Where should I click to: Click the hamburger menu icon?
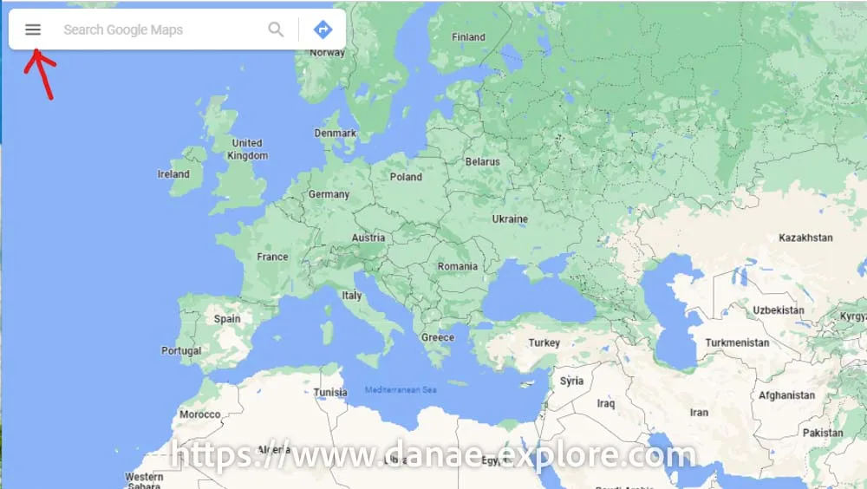[x=33, y=29]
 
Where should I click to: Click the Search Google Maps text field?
[x=156, y=29]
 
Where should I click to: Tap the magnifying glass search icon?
[x=276, y=29]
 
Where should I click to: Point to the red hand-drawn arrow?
[x=39, y=71]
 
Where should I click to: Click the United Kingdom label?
[x=247, y=149]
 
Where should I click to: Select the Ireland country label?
[x=173, y=174]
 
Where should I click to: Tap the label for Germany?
[x=329, y=194]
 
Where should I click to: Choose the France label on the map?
[x=272, y=257]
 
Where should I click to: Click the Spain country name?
[x=227, y=318]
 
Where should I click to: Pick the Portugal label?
[x=181, y=351]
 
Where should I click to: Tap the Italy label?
[x=351, y=296]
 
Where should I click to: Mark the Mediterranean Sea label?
[x=401, y=390]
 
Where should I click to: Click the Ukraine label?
[x=510, y=218]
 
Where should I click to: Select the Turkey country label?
[x=544, y=342]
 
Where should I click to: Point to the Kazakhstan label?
[x=805, y=238]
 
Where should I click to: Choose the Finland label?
[x=469, y=37]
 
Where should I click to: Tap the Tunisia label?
[x=330, y=392]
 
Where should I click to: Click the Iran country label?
[x=699, y=413]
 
